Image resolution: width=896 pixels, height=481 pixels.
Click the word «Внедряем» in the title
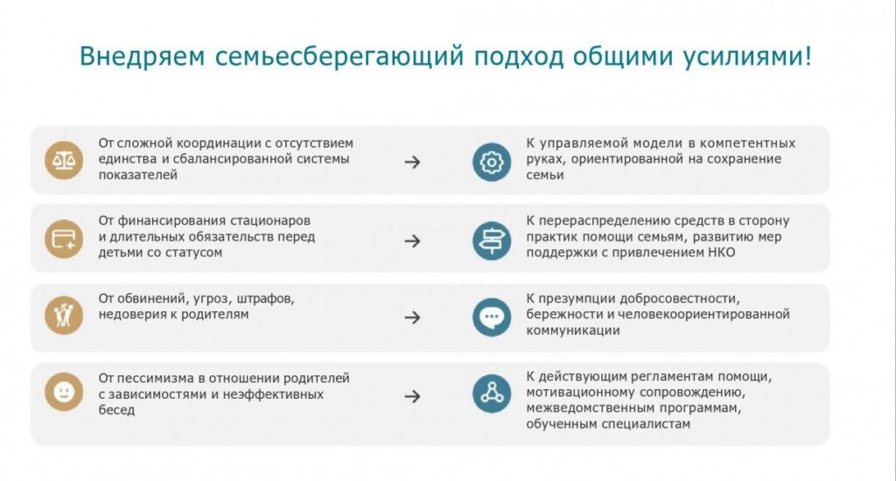[142, 57]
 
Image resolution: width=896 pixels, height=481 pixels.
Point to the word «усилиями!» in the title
[747, 57]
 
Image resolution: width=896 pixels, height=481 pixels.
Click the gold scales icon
[64, 161]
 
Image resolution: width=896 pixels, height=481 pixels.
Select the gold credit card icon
[64, 239]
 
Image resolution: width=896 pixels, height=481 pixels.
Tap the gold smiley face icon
[64, 392]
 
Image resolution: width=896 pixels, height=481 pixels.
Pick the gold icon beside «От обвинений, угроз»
[64, 316]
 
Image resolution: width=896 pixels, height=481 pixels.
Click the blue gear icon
[492, 163]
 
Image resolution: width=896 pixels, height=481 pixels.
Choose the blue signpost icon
[492, 240]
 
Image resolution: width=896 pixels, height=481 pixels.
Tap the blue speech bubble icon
[492, 317]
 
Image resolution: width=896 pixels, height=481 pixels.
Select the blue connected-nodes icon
[492, 394]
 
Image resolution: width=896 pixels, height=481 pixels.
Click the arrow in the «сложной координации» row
[413, 163]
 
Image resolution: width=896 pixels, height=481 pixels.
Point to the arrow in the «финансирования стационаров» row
[413, 241]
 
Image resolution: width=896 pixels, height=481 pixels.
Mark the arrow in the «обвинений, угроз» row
[413, 317]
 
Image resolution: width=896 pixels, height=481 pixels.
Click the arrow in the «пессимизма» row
[413, 396]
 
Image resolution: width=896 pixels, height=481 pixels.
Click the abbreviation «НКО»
[722, 253]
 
